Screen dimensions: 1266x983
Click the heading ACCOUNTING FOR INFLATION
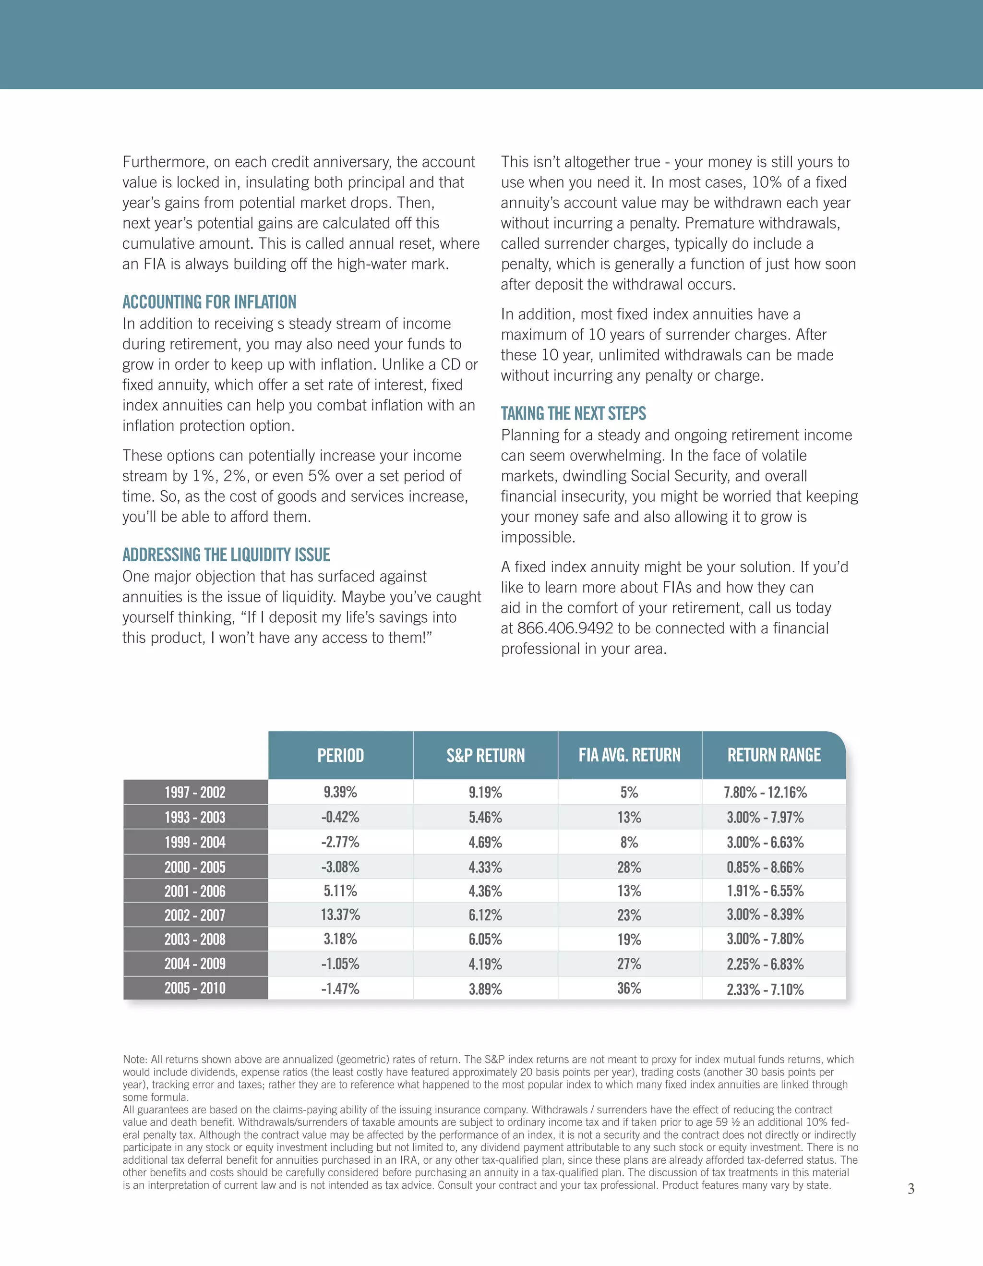[x=209, y=302]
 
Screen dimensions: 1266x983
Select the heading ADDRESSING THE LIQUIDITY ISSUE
[x=226, y=555]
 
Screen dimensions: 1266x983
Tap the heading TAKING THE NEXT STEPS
[x=573, y=413]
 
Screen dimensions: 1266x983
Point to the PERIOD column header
[x=340, y=755]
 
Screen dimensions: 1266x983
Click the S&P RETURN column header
[x=485, y=755]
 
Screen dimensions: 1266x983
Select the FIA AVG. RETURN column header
[x=629, y=755]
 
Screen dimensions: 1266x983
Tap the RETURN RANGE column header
[x=774, y=755]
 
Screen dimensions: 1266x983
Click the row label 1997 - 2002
[x=195, y=793]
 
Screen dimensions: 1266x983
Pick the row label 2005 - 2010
[x=195, y=989]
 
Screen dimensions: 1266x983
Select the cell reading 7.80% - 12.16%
[x=765, y=793]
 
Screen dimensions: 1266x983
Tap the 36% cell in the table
[x=629, y=989]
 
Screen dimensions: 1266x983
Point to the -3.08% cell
[x=340, y=867]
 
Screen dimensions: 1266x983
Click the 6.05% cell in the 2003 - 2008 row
[x=485, y=939]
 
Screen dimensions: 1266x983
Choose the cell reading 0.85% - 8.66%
[x=765, y=867]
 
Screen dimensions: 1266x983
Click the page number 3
[x=911, y=1189]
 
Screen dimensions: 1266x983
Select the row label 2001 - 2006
[x=195, y=891]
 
